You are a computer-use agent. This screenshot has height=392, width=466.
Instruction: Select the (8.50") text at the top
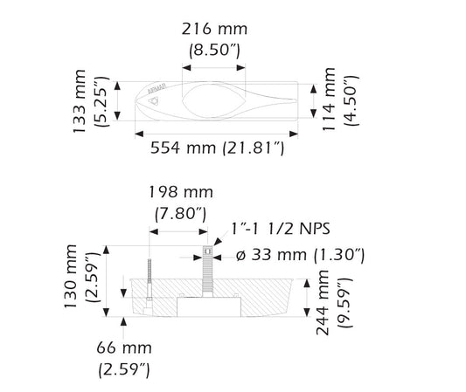(214, 50)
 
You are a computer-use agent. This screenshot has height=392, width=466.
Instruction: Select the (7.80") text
(180, 212)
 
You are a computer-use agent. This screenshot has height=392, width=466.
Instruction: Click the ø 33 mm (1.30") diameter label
(301, 255)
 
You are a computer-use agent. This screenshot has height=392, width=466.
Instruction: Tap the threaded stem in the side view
(208, 272)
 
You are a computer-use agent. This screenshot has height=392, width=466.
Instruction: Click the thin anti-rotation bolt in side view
(150, 284)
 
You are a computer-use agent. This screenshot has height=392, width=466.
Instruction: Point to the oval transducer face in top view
(213, 95)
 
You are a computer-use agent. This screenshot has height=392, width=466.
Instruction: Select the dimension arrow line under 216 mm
(213, 66)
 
